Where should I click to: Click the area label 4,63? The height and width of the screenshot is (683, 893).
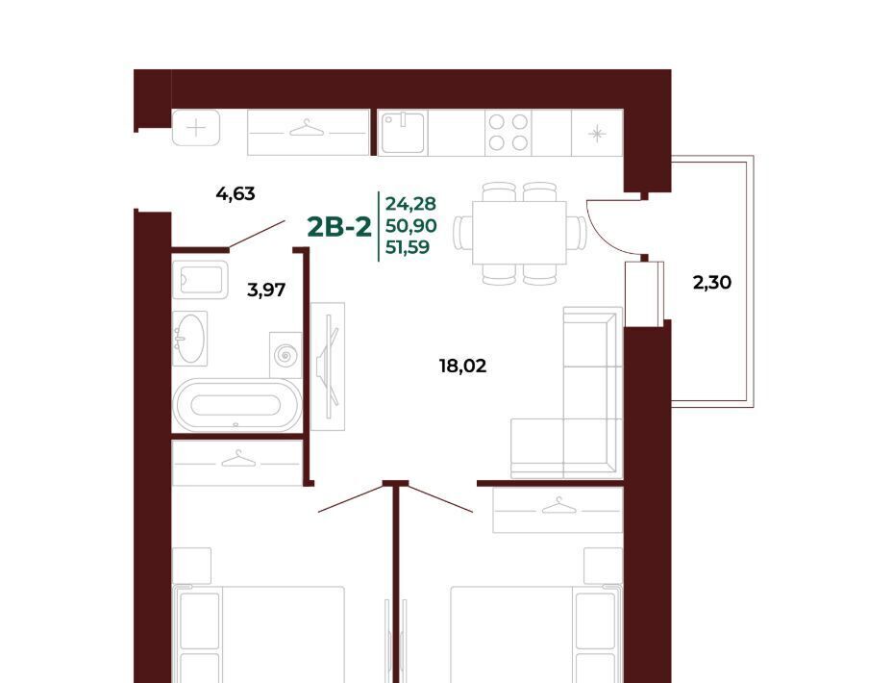(x=236, y=194)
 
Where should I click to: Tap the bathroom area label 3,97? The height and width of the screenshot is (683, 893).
(x=266, y=291)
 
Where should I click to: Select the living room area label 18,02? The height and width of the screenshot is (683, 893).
(x=462, y=366)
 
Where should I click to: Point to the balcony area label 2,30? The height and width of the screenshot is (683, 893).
(x=712, y=282)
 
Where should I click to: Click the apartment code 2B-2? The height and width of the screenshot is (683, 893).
(x=339, y=227)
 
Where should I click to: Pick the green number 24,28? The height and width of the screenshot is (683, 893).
(x=410, y=203)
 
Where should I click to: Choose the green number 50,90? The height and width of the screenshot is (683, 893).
(x=411, y=226)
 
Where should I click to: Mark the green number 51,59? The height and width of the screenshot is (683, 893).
(x=408, y=247)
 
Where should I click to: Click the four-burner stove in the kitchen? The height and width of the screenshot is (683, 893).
(x=508, y=133)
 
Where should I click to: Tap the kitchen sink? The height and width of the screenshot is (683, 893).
(x=403, y=133)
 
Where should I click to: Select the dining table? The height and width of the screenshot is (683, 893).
(x=519, y=233)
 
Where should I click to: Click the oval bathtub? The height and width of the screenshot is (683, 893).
(x=236, y=405)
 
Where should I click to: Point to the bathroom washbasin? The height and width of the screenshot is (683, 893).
(x=189, y=338)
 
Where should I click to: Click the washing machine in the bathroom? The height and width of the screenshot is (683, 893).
(x=285, y=355)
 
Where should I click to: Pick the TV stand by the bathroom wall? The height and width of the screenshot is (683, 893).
(x=328, y=367)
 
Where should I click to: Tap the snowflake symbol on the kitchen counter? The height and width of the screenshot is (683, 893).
(x=597, y=134)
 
